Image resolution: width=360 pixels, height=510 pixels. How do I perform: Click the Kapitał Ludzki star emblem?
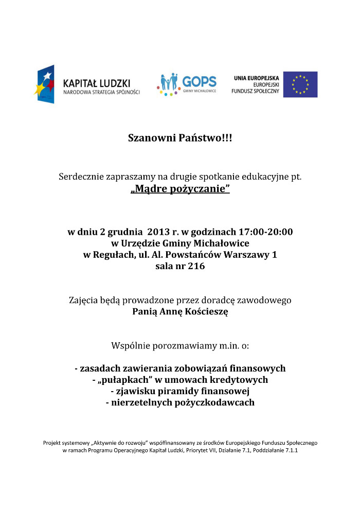pyautogui.click(x=44, y=84)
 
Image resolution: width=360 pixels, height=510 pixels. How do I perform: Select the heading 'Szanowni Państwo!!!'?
pyautogui.click(x=180, y=138)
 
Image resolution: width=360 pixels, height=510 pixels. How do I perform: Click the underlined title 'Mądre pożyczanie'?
pyautogui.click(x=180, y=189)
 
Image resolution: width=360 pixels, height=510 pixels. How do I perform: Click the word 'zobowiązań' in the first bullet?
pyautogui.click(x=215, y=368)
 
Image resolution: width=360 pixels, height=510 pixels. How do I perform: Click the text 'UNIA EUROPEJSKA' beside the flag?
pyautogui.click(x=256, y=78)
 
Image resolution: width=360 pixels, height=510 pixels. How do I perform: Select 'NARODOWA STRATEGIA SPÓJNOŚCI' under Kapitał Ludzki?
pyautogui.click(x=101, y=92)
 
